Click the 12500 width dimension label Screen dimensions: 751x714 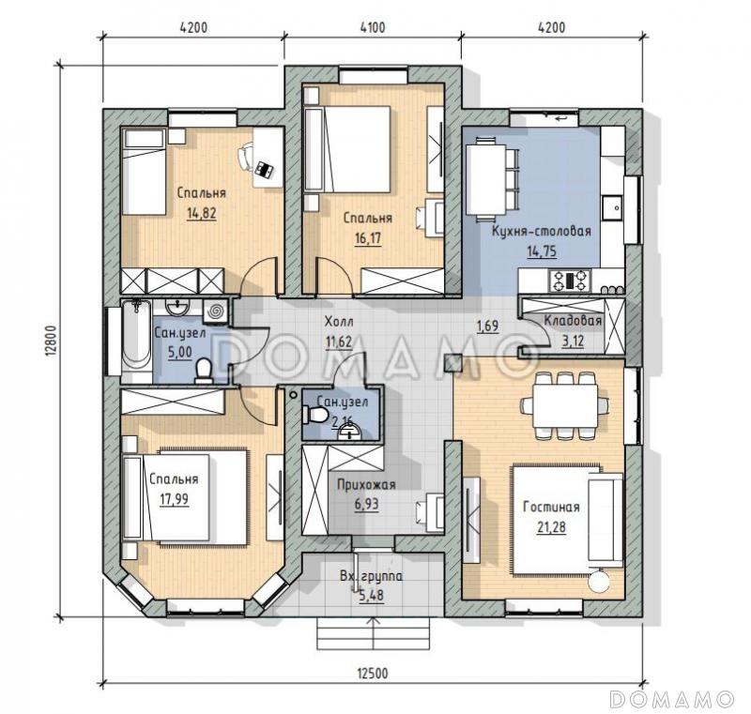point(372,674)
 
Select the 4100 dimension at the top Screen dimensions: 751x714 point(372,27)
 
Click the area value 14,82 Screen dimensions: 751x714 point(202,213)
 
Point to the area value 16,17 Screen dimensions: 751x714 point(368,238)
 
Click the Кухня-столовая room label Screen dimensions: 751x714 point(542,231)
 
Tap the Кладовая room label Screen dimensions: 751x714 point(573,321)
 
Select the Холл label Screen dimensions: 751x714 point(339,322)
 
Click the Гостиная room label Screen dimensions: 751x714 point(551,507)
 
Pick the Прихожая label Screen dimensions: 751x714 point(366,485)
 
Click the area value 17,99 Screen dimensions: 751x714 point(174,499)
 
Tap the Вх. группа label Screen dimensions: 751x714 point(371,577)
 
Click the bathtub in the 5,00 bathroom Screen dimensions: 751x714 point(136,341)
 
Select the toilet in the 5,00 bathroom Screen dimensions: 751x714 point(205,371)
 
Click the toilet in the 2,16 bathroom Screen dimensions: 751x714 point(314,415)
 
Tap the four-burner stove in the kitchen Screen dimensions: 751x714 point(570,281)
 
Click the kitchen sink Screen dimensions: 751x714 point(612,207)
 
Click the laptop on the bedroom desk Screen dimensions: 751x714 point(264,169)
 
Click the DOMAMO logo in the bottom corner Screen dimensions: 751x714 point(671,699)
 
